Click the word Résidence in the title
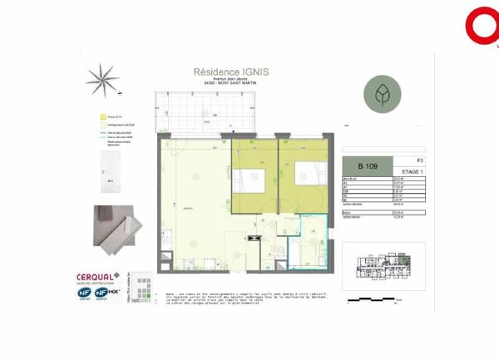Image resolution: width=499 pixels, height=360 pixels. [x=214, y=72]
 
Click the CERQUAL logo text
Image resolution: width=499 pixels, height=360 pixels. [x=94, y=277]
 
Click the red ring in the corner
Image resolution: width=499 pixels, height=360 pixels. [x=482, y=26]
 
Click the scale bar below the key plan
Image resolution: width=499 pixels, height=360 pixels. [x=376, y=298]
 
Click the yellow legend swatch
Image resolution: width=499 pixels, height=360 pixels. [x=101, y=117]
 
